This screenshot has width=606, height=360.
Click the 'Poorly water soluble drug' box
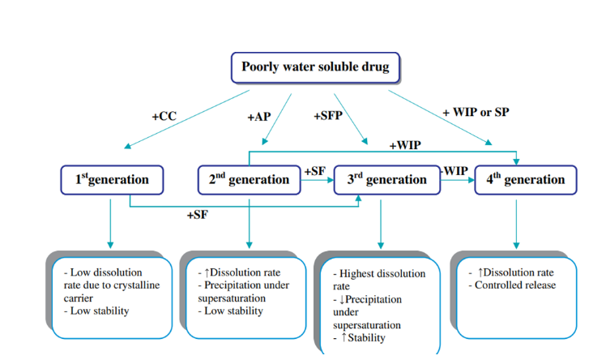click(315, 66)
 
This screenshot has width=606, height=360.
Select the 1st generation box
click(112, 180)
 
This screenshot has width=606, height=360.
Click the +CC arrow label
click(164, 117)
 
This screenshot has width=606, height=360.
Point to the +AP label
click(258, 117)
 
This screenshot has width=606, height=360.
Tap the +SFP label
click(328, 117)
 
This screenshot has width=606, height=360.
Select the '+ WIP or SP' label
click(476, 112)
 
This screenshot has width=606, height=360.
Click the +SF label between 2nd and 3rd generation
click(314, 171)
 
